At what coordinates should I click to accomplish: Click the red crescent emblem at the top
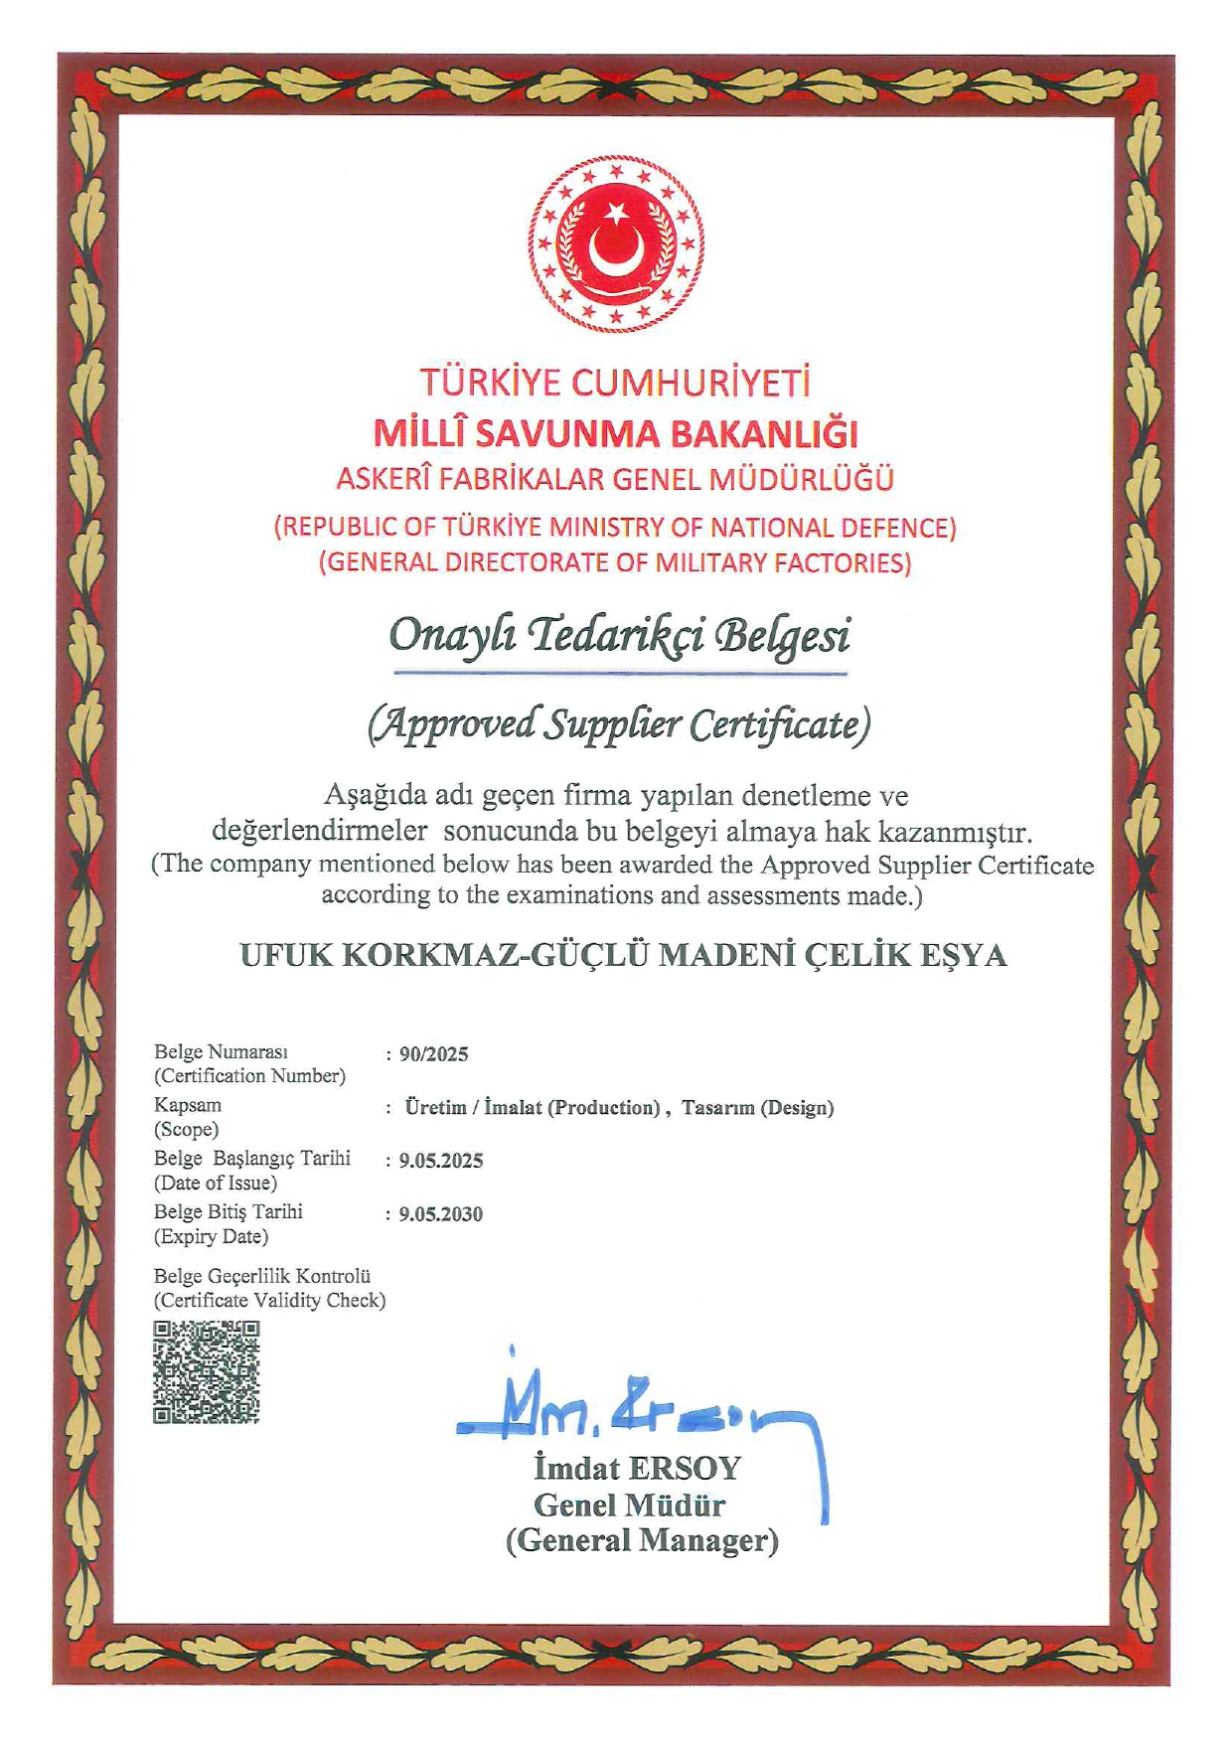(616, 243)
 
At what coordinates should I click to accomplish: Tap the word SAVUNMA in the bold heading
(564, 434)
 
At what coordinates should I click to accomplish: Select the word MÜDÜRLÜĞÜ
(802, 479)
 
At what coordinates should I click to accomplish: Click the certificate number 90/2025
(433, 1054)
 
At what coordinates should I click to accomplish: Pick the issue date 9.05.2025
(440, 1161)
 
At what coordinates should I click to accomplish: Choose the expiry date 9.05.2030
(440, 1214)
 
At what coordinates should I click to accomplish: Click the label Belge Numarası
(221, 1051)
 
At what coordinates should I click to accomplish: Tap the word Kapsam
(188, 1105)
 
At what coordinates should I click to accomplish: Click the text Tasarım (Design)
(757, 1108)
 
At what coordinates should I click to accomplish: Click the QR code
(207, 1372)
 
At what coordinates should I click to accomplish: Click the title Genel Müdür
(629, 1505)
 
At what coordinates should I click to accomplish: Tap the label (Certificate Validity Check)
(269, 1300)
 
